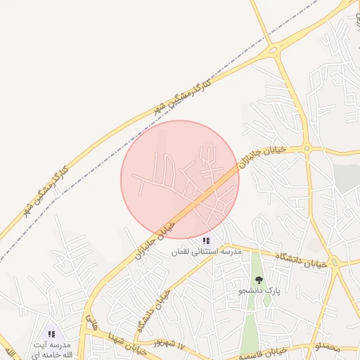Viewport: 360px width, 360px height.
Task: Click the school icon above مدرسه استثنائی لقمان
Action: coord(205,241)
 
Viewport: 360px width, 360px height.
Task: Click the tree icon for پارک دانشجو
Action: coord(259,279)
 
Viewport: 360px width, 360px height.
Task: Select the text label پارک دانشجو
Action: coord(257,290)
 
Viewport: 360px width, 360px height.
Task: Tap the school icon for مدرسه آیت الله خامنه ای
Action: coord(51,334)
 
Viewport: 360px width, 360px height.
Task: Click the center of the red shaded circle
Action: coord(180,179)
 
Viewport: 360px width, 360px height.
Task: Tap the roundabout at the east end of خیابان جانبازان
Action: coord(307,148)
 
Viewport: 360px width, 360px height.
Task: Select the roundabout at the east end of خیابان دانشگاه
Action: coord(335,264)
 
